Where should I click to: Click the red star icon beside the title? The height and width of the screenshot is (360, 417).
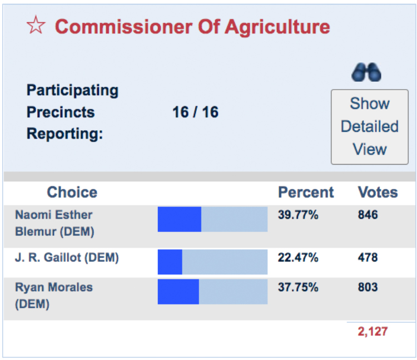[x=37, y=26]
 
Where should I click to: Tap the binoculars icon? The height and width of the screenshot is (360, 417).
[x=366, y=72]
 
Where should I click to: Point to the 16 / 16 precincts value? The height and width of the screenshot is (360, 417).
[x=195, y=112]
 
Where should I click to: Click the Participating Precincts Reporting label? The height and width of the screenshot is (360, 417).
[x=72, y=112]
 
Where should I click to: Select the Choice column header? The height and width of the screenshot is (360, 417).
[x=72, y=193]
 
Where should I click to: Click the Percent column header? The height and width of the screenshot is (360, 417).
[x=306, y=193]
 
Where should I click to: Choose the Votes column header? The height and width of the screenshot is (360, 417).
[x=378, y=193]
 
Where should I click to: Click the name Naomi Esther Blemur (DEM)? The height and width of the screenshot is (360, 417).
[x=54, y=223]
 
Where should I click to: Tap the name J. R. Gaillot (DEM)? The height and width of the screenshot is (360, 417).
[x=67, y=258]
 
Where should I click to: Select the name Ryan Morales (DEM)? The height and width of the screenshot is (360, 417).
[x=54, y=295]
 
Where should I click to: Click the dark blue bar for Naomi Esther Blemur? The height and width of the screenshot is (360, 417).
[x=179, y=219]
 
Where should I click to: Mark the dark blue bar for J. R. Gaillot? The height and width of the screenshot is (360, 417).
[x=170, y=262]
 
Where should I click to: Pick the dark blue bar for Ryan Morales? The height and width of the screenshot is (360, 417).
[x=178, y=292]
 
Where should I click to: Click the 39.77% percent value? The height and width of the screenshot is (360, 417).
[x=298, y=215]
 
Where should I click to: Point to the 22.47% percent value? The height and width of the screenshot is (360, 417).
[x=298, y=258]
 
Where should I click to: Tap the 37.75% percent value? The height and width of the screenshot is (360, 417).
[x=298, y=288]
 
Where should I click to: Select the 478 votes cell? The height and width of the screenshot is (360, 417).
[x=368, y=258]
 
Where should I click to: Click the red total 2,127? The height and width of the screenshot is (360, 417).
[x=372, y=332]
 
